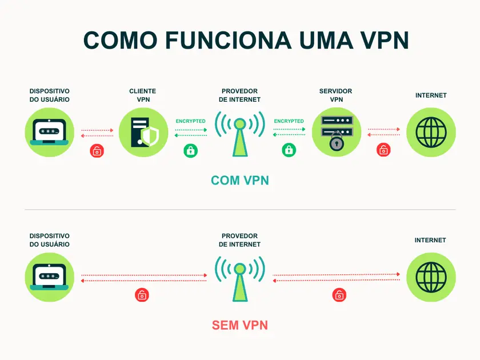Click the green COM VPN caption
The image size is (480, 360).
[240, 181]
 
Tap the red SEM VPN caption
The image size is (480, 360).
[240, 326]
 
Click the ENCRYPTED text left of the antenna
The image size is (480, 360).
[191, 121]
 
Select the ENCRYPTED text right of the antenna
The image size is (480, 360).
[289, 121]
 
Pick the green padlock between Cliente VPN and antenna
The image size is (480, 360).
[190, 151]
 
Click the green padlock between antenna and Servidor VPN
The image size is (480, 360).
[289, 151]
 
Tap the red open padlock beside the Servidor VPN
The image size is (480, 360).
[383, 151]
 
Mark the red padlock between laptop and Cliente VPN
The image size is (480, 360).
[97, 151]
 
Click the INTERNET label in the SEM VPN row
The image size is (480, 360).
[430, 241]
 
